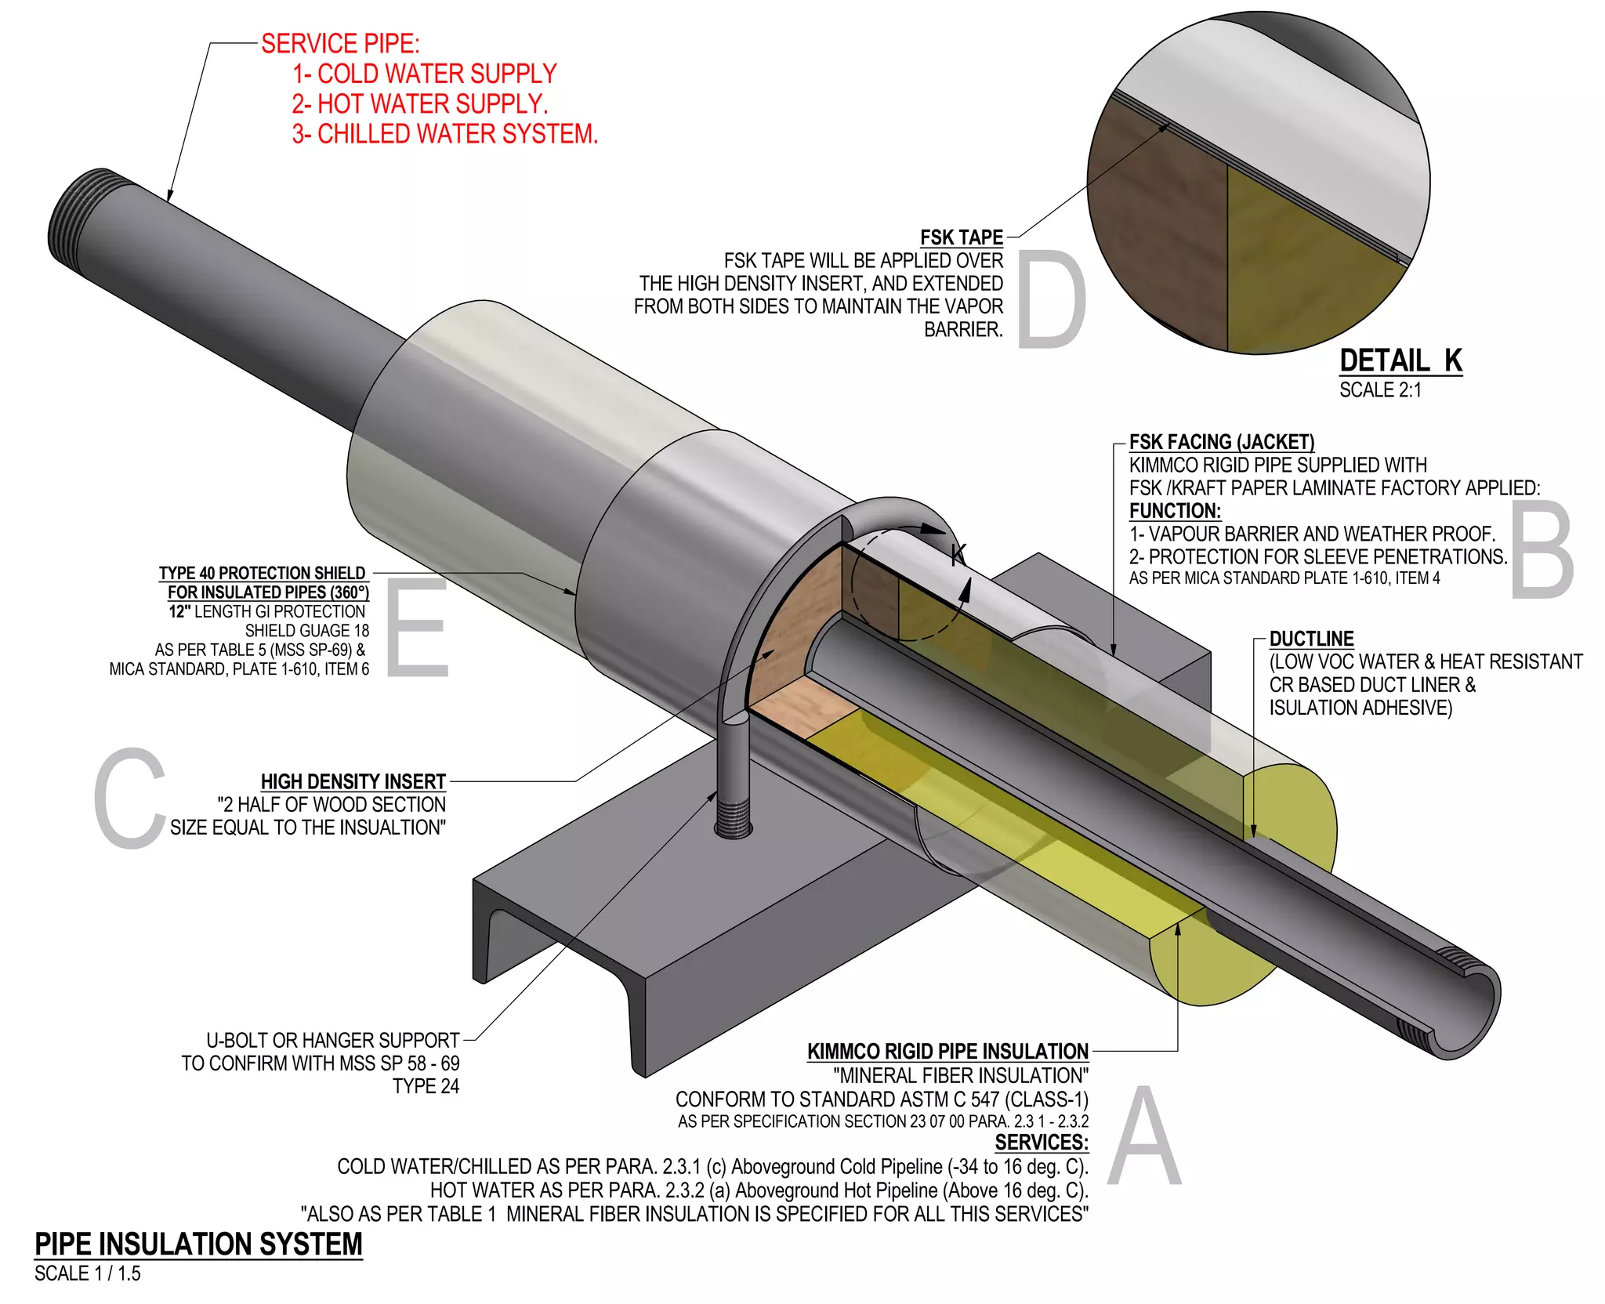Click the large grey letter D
pyautogui.click(x=1052, y=299)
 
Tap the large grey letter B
pyautogui.click(x=1542, y=550)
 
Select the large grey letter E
pyautogui.click(x=417, y=627)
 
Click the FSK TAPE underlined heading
pyautogui.click(x=961, y=237)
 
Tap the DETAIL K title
pyautogui.click(x=1400, y=360)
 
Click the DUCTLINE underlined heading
pyautogui.click(x=1311, y=639)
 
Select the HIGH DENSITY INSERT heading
pyautogui.click(x=353, y=781)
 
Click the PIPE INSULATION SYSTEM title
pyautogui.click(x=198, y=1244)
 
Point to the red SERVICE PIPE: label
pyautogui.click(x=340, y=44)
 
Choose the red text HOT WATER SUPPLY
pyautogui.click(x=419, y=104)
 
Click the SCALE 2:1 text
pyautogui.click(x=1379, y=390)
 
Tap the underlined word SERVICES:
pyautogui.click(x=1042, y=1143)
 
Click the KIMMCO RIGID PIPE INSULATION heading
pyautogui.click(x=947, y=1052)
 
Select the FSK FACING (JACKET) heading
pyautogui.click(x=1221, y=442)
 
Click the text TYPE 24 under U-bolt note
pyautogui.click(x=426, y=1086)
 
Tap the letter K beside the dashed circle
pyautogui.click(x=958, y=554)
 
